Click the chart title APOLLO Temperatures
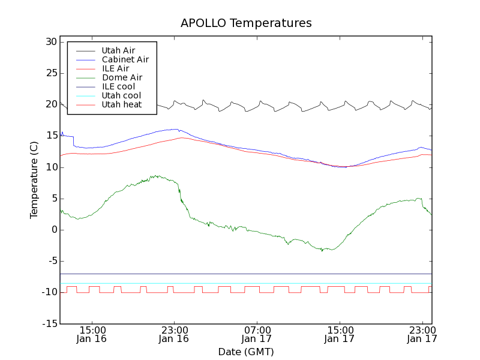[x=246, y=23]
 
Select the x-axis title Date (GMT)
[x=246, y=352]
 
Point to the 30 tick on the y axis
[x=50, y=42]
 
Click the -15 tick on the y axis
[x=49, y=324]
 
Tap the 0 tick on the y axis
[x=53, y=230]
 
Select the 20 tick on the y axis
[x=50, y=104]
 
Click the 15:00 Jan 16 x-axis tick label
[x=92, y=334]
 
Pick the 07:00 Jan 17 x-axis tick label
[x=257, y=334]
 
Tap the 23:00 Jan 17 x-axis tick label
[x=422, y=334]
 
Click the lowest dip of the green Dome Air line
[x=322, y=251]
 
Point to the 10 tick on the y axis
[x=50, y=167]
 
